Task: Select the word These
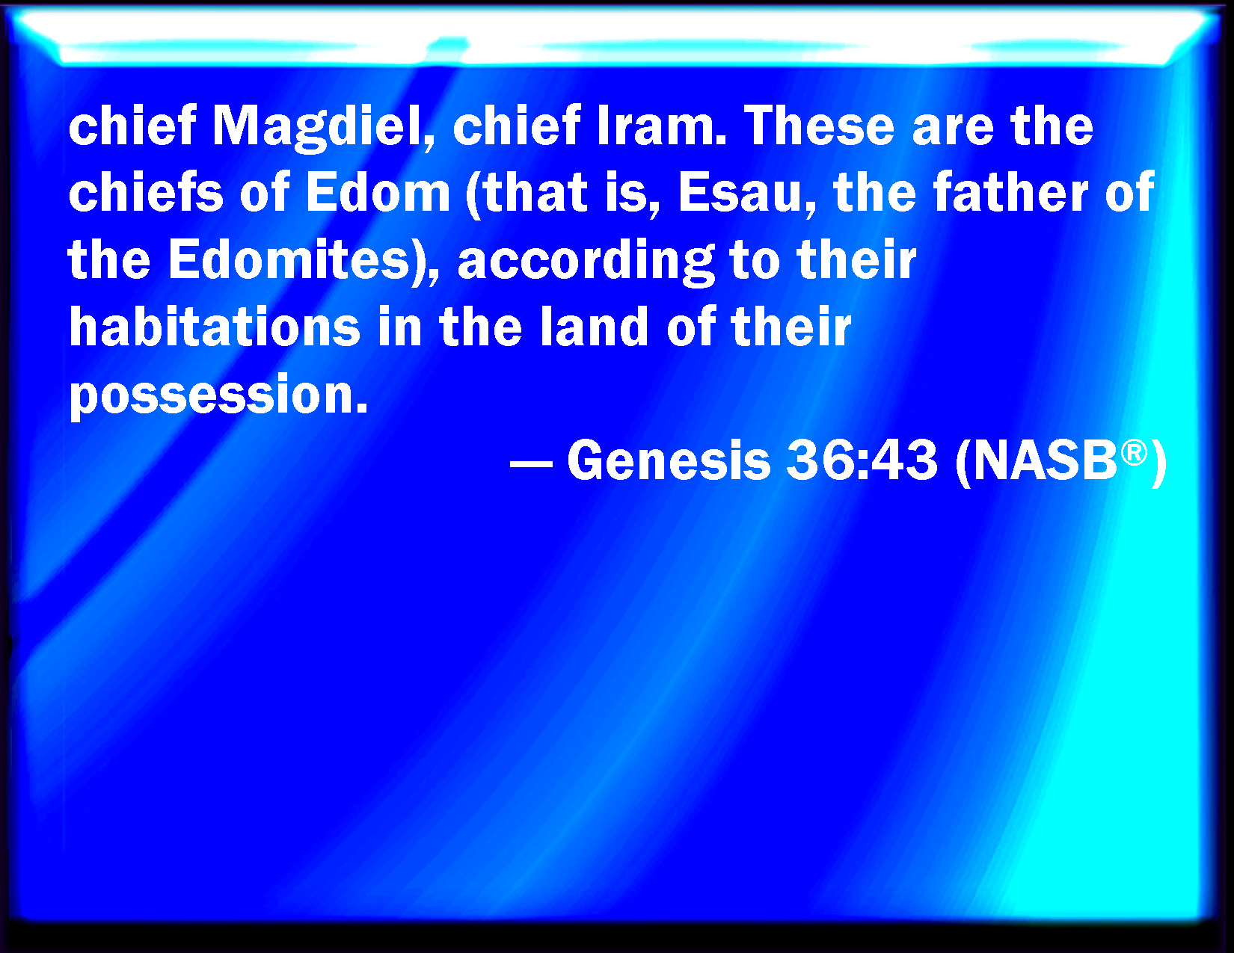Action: coord(819,126)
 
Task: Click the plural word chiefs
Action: coord(146,192)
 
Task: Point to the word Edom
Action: coord(378,193)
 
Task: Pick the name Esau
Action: coord(740,193)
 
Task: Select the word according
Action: coord(586,261)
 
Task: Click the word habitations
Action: coord(215,326)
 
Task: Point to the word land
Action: coord(594,326)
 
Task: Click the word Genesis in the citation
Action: coord(669,460)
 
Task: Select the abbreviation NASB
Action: coord(1045,460)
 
